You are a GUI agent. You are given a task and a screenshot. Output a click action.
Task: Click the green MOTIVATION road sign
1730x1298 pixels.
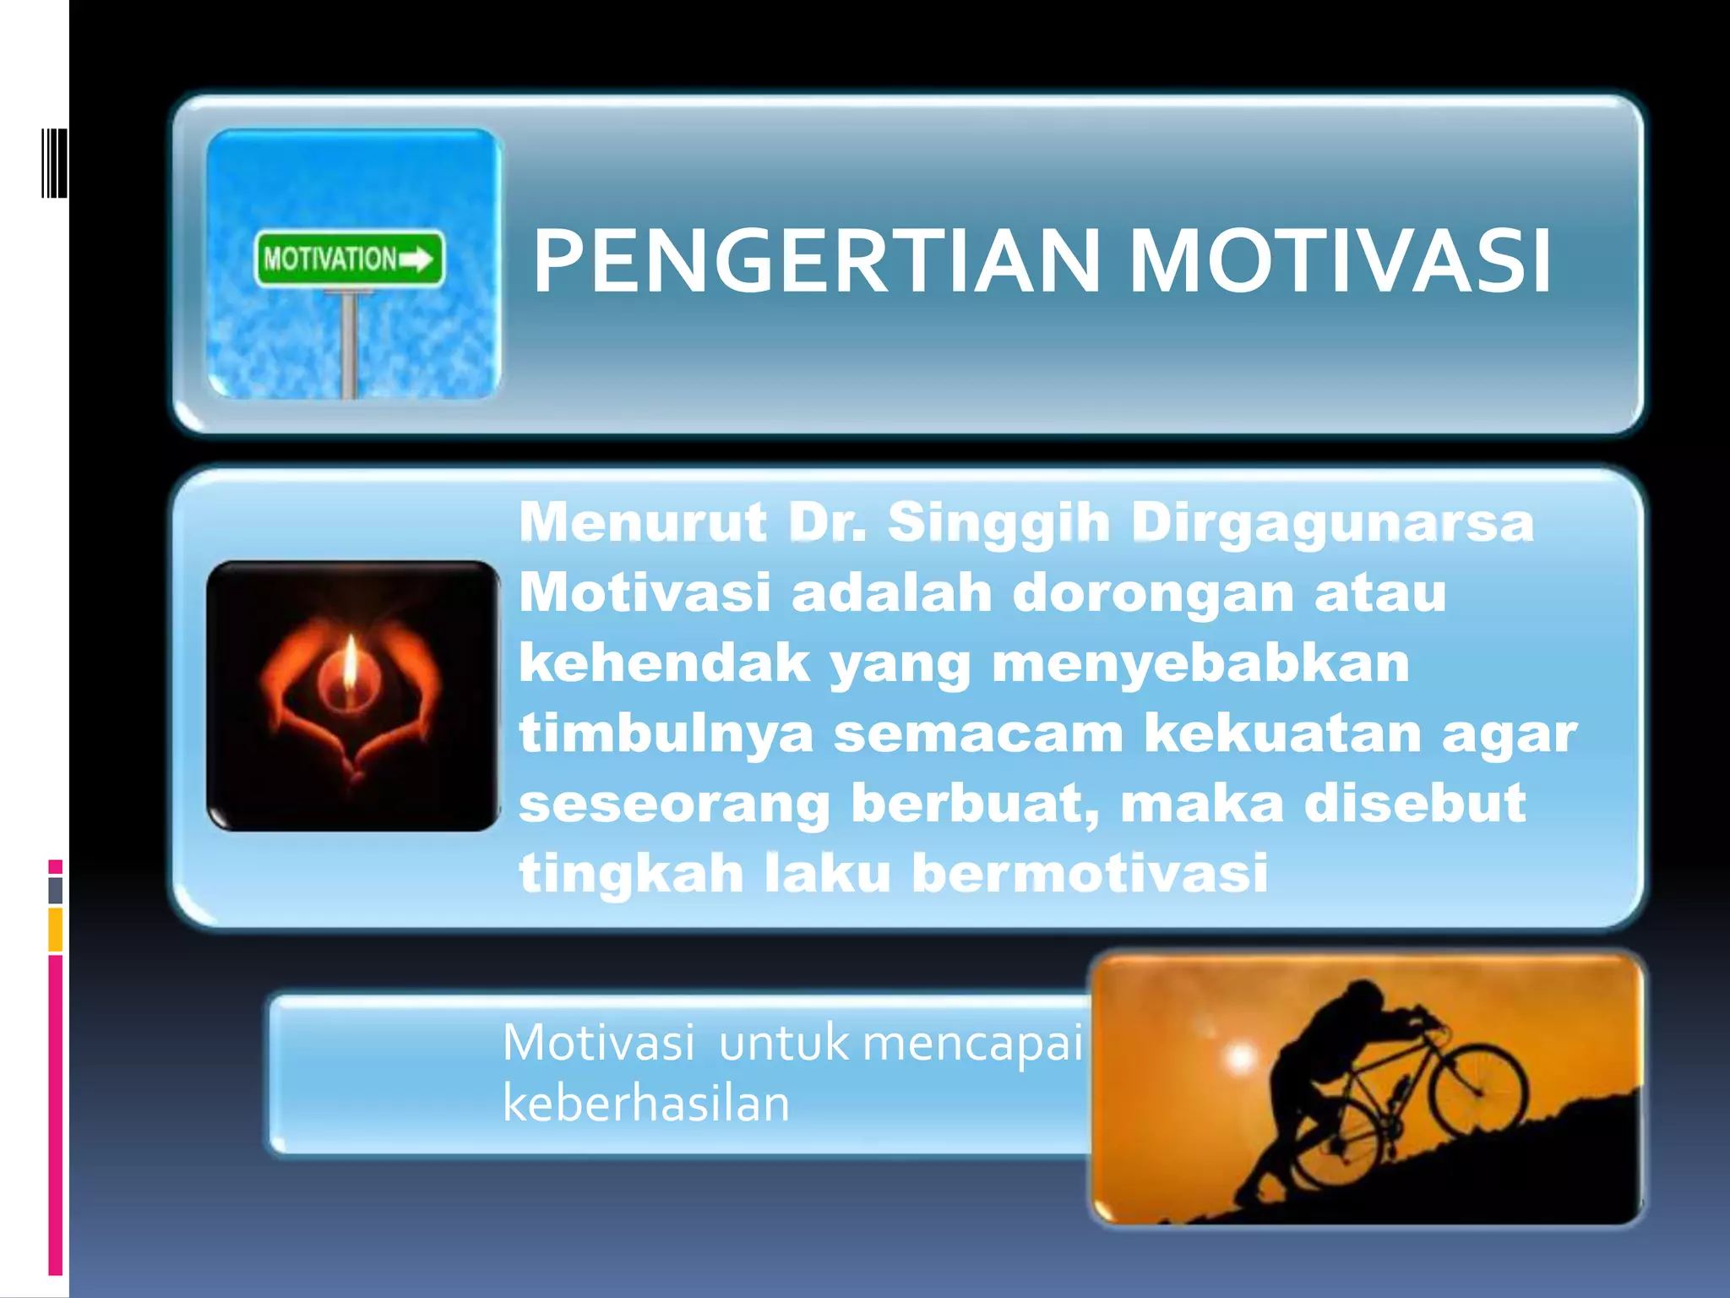pyautogui.click(x=349, y=259)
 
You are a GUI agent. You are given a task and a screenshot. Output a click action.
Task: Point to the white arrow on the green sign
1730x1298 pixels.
pyautogui.click(x=417, y=259)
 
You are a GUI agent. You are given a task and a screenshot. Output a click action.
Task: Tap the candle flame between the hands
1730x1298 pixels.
pyautogui.click(x=351, y=663)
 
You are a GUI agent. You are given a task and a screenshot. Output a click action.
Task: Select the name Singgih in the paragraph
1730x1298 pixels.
pyautogui.click(x=999, y=521)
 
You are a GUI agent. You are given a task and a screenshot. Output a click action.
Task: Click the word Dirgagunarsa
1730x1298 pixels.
pyautogui.click(x=1332, y=521)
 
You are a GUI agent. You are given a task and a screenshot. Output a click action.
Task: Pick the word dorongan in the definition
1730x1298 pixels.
pyautogui.click(x=1153, y=592)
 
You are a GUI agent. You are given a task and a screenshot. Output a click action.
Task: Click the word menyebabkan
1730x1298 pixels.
pyautogui.click(x=1200, y=663)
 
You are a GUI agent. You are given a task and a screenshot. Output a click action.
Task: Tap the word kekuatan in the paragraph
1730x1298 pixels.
pyautogui.click(x=1282, y=733)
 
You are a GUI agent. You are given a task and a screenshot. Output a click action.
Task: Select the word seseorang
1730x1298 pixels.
pyautogui.click(x=674, y=803)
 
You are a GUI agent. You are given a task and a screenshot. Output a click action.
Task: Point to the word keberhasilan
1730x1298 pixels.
pyautogui.click(x=646, y=1103)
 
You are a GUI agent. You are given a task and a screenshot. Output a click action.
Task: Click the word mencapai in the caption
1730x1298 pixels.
pyautogui.click(x=972, y=1042)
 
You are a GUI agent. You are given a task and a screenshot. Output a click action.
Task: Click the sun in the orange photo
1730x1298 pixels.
pyautogui.click(x=1240, y=1056)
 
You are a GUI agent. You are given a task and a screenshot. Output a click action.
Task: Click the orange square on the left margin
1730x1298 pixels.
pyautogui.click(x=55, y=929)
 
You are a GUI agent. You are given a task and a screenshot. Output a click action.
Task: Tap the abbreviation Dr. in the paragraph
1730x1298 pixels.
pyautogui.click(x=827, y=521)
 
